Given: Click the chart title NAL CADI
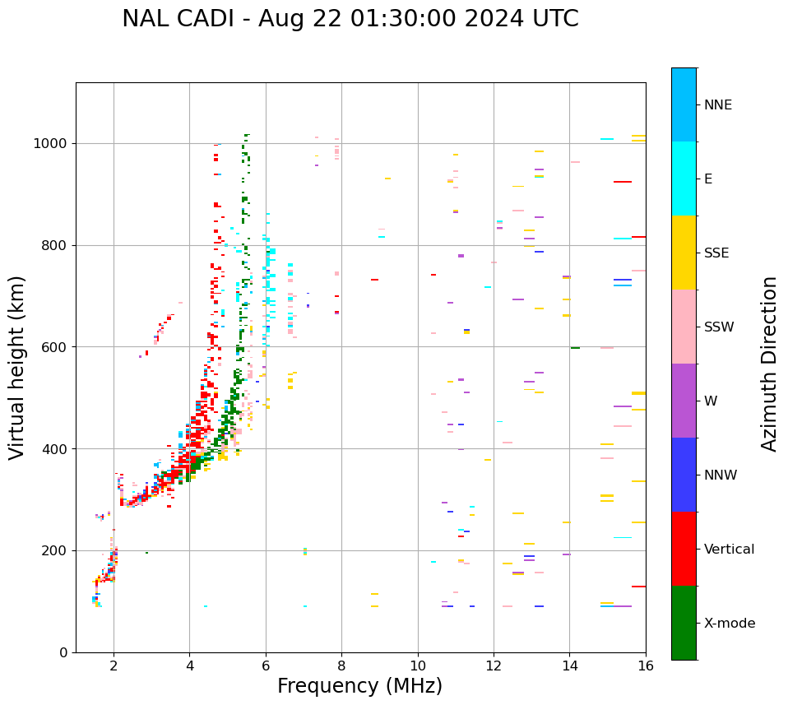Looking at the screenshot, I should pos(350,19).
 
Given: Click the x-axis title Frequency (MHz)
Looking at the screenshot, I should pos(359,686).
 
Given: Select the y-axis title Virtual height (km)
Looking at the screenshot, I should pos(17,367).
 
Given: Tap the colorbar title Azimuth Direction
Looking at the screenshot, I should pos(769,364).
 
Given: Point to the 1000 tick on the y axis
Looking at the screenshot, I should pos(54,143).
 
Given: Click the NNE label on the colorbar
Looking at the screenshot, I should pos(717,105).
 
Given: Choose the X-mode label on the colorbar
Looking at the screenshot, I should pos(729,624).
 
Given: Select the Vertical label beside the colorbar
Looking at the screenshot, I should pos(729,550).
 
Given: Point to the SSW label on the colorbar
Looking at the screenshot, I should pos(718,327).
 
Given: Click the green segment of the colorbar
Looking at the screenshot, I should pos(684,623).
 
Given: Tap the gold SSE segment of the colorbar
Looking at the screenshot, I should pos(684,253).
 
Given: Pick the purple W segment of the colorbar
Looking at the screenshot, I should pos(684,401).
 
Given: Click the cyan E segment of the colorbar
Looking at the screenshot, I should pos(684,179).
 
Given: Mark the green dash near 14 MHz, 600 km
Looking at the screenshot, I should pos(575,348).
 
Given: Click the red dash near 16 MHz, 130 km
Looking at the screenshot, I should pos(638,587).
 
